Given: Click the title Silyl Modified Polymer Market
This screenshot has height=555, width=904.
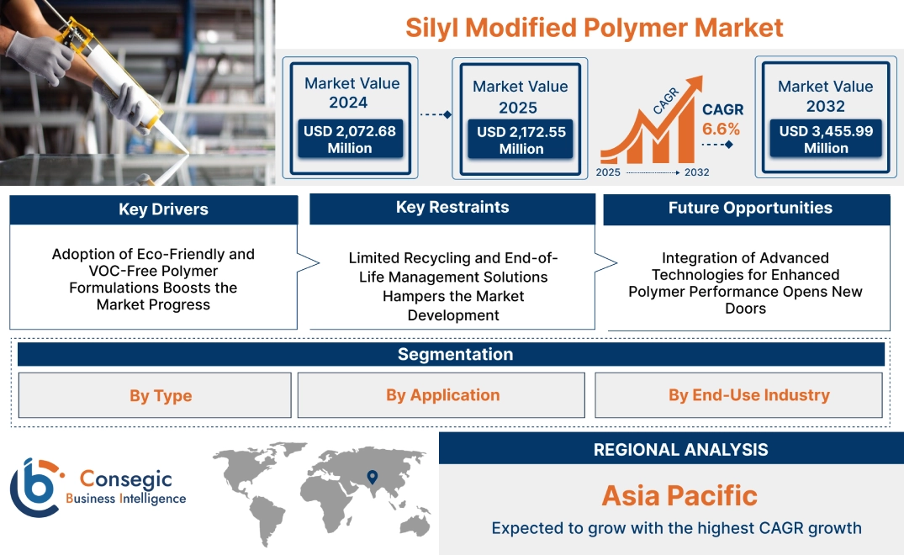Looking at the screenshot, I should click(x=594, y=27).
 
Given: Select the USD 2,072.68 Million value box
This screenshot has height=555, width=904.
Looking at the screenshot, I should click(x=349, y=140).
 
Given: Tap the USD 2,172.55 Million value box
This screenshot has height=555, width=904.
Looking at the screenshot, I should click(x=521, y=140).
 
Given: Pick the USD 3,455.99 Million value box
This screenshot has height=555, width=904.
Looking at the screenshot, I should click(x=825, y=140).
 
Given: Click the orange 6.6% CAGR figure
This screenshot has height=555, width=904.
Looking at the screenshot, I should click(x=721, y=129).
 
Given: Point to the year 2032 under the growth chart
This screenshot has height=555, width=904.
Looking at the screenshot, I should click(x=696, y=172).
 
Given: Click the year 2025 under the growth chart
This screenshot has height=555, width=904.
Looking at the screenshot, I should click(x=609, y=172).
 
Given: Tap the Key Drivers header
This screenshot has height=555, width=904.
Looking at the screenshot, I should click(x=163, y=209).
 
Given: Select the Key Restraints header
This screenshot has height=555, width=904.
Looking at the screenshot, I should click(x=452, y=208).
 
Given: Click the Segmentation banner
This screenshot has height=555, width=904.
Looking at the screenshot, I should click(x=455, y=354).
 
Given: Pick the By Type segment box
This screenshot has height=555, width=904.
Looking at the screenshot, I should click(x=160, y=396).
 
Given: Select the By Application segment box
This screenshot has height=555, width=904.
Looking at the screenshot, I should click(x=442, y=395).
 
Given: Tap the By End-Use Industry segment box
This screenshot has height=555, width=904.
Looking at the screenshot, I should click(x=748, y=395).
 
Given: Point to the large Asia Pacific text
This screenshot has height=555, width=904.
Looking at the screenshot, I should click(x=679, y=495).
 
